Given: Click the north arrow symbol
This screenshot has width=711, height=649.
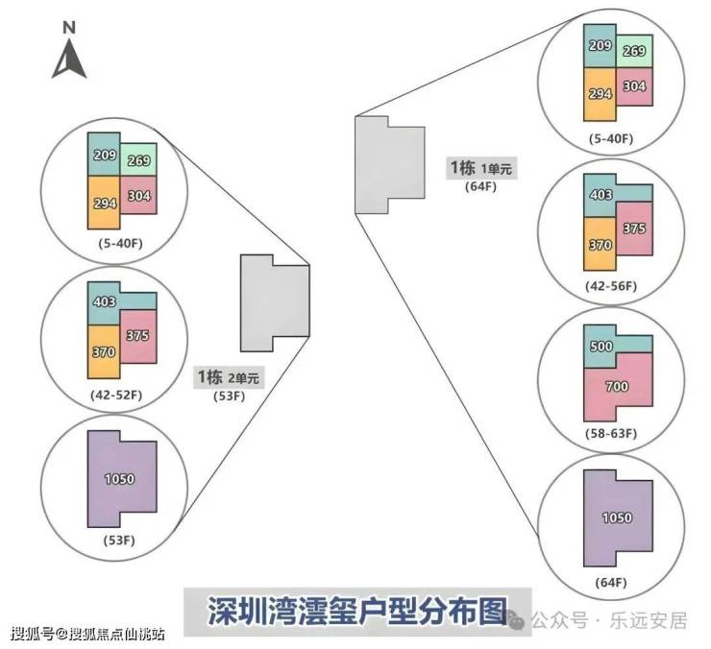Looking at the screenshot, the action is pyautogui.click(x=69, y=59).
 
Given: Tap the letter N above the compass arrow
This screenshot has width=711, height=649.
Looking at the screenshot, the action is pyautogui.click(x=69, y=27).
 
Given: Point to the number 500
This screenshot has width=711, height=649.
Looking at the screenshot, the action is pyautogui.click(x=601, y=347).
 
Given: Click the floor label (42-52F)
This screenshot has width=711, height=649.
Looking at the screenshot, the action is pyautogui.click(x=116, y=395).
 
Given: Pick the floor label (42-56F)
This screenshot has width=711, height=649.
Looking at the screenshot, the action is pyautogui.click(x=611, y=286).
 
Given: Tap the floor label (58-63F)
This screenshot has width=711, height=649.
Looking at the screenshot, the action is pyautogui.click(x=611, y=433).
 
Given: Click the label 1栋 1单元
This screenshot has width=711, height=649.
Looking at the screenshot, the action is pyautogui.click(x=481, y=168).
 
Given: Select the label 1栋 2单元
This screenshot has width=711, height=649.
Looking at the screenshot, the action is pyautogui.click(x=229, y=377).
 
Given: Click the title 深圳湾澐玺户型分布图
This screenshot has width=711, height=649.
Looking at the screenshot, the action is pyautogui.click(x=357, y=612).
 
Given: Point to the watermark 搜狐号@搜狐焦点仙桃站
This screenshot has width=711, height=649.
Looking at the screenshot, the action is pyautogui.click(x=87, y=633).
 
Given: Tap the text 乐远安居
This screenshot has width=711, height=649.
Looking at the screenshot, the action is pyautogui.click(x=649, y=621).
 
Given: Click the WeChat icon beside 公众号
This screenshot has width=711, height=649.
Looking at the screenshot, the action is pyautogui.click(x=516, y=620).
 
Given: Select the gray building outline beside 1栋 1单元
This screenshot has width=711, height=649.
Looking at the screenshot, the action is pyautogui.click(x=390, y=165).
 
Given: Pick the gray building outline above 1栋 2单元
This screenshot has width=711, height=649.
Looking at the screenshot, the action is pyautogui.click(x=275, y=303).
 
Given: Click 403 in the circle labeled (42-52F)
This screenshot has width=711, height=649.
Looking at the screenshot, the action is pyautogui.click(x=105, y=301).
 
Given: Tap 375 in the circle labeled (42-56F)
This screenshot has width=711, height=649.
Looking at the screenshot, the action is pyautogui.click(x=634, y=228).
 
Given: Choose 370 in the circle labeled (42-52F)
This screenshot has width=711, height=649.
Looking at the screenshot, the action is pyautogui.click(x=104, y=352).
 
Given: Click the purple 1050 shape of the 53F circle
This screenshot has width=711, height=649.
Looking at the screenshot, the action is pyautogui.click(x=122, y=479).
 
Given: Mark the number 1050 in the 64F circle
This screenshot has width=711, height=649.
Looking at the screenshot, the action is pyautogui.click(x=617, y=517).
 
